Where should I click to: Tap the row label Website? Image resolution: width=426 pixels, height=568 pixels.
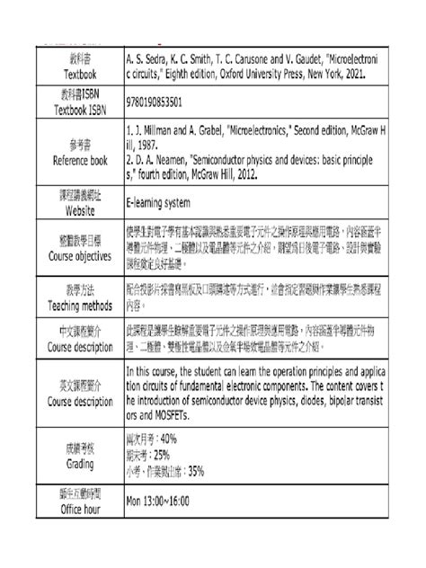click(x=79, y=210)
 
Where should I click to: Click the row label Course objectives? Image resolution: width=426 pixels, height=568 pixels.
click(x=78, y=254)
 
